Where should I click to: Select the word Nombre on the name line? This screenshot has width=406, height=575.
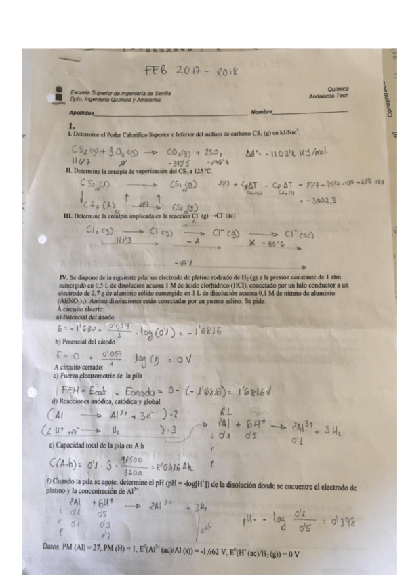[x=260, y=111]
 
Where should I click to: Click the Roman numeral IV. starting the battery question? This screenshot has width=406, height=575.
[x=64, y=278]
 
